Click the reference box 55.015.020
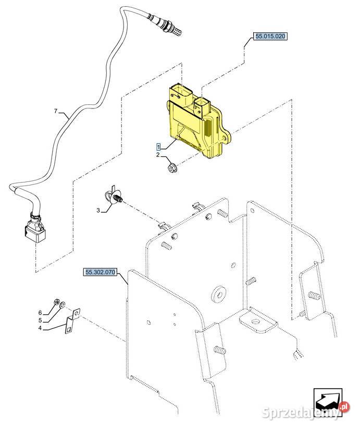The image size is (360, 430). click(270, 36)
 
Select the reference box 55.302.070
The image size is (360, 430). click(101, 272)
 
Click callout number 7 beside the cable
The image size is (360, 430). click(56, 111)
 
